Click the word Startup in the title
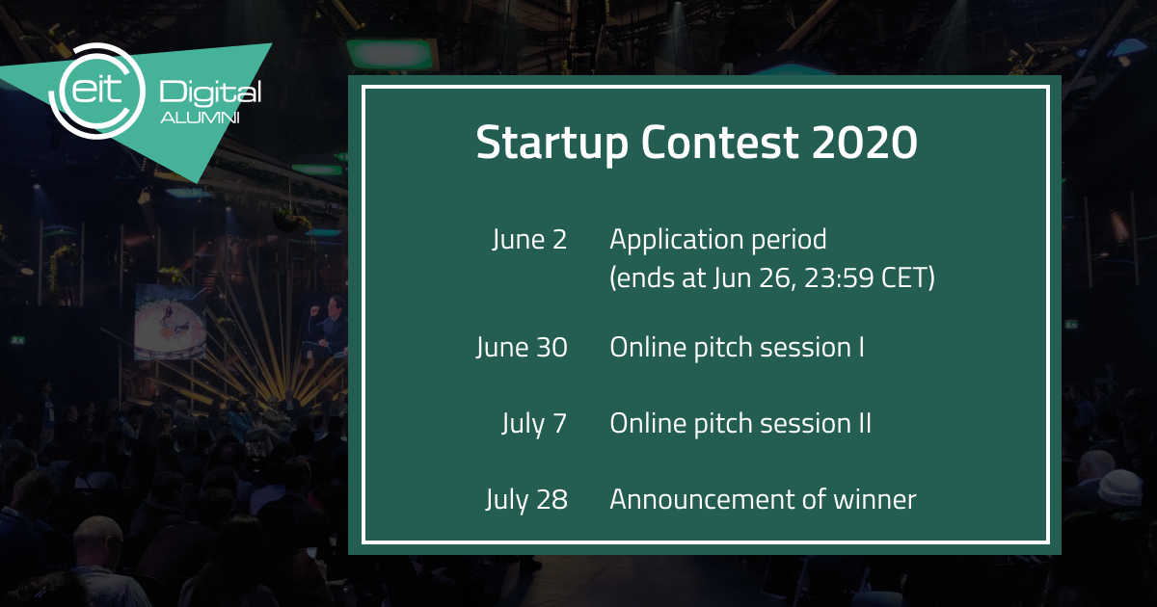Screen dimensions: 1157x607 click(552, 143)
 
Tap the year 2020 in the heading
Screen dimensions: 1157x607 click(864, 142)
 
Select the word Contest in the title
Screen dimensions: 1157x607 click(719, 142)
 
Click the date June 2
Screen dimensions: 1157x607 click(529, 240)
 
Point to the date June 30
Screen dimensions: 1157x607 click(522, 348)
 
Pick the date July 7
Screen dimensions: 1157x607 click(534, 424)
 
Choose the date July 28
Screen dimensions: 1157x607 click(526, 500)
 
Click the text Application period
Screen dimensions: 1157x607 click(718, 241)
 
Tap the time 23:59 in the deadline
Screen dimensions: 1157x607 click(838, 278)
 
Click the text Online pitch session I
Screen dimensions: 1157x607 click(737, 348)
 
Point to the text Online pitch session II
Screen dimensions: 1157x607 click(740, 424)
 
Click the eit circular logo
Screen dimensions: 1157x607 click(96, 91)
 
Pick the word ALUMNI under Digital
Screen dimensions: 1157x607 click(200, 119)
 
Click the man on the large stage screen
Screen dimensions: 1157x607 click(328, 327)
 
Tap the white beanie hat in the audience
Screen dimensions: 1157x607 click(1119, 488)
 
